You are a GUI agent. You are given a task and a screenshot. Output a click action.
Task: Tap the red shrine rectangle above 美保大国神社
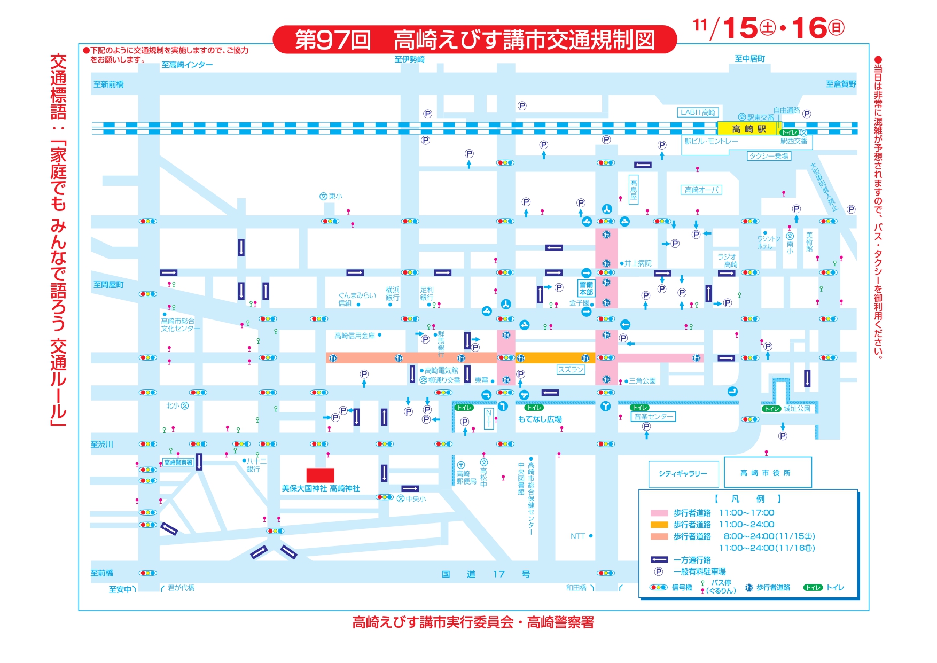(x=320, y=475)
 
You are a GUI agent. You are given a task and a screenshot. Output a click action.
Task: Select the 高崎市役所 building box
(x=767, y=472)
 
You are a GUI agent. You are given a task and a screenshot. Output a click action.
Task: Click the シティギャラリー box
(x=682, y=473)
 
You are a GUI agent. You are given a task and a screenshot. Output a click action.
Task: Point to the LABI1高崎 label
(x=698, y=113)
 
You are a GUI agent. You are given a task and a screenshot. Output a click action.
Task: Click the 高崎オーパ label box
(x=702, y=190)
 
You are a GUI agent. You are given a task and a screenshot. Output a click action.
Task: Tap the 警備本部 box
(x=586, y=288)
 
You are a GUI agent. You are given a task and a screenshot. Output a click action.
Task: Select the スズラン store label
(x=571, y=370)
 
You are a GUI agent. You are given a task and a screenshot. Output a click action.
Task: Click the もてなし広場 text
(x=540, y=419)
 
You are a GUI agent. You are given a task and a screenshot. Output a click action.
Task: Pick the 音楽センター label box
(x=654, y=416)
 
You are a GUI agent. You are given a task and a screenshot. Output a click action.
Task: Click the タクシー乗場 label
(x=768, y=156)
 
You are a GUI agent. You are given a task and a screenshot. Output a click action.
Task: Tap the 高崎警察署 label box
(x=178, y=463)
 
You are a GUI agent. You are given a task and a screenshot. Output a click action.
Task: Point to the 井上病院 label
(x=638, y=263)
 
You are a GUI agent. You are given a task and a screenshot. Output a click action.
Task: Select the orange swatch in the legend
(x=659, y=525)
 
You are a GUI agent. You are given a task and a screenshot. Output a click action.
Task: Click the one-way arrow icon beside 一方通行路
(x=659, y=560)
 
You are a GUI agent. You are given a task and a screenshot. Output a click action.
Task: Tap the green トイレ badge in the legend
(x=813, y=588)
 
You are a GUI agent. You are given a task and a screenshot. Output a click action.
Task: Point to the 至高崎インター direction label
(x=187, y=65)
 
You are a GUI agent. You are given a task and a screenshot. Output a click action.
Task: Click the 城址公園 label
(x=797, y=409)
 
